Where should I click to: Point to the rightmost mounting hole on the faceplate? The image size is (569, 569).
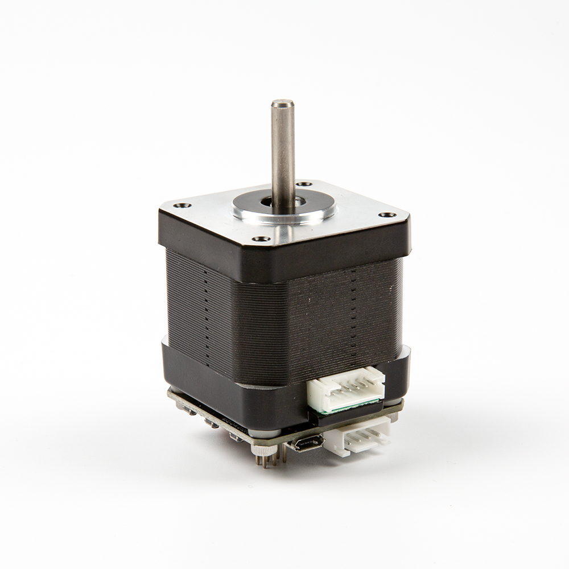pyautogui.click(x=388, y=215)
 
